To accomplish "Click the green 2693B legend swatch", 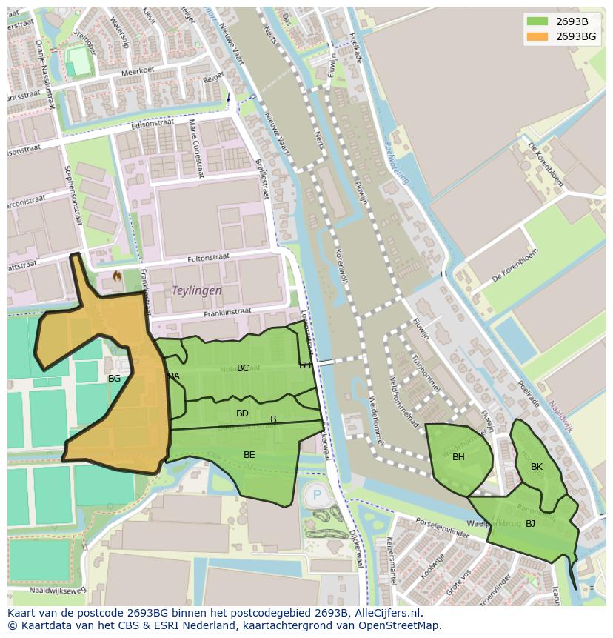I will (x=537, y=21).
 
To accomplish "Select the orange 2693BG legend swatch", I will (x=537, y=36).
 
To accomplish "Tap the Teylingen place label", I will (x=197, y=291).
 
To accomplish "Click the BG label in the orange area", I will (x=114, y=379).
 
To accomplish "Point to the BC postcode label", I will (x=243, y=368).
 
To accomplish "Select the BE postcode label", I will (x=249, y=455).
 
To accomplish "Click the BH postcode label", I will (x=458, y=457).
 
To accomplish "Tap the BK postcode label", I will (x=537, y=467).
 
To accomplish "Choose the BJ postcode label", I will (x=530, y=524).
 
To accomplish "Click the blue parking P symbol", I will (x=318, y=495).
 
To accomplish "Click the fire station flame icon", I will (x=117, y=276).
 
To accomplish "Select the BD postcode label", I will (x=242, y=413).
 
